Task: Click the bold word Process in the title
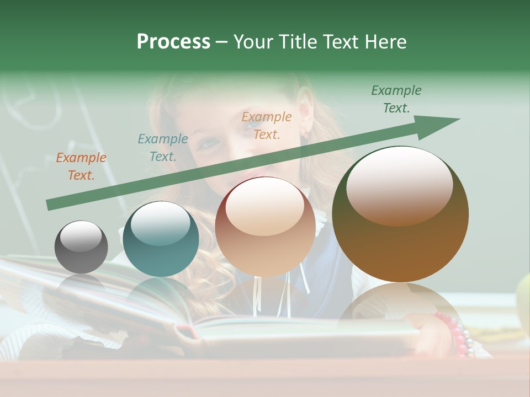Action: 173,42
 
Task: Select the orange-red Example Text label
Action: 81,167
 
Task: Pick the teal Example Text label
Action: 163,148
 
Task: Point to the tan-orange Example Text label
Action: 267,125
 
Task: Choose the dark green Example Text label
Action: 396,99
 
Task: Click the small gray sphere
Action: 81,246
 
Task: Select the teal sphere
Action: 161,239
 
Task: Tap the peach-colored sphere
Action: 265,227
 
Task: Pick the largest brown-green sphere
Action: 400,214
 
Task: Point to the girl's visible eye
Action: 209,143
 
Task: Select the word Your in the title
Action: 252,42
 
